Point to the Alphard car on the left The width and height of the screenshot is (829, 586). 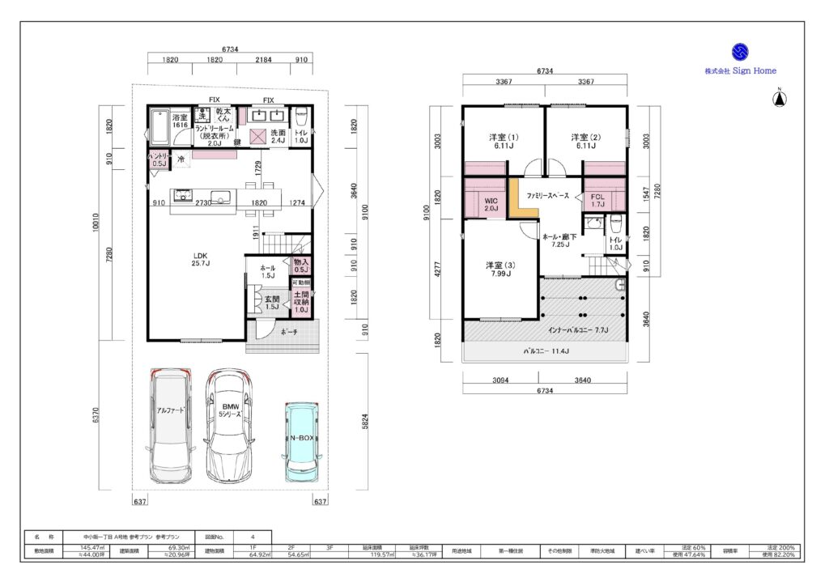pos(170,425)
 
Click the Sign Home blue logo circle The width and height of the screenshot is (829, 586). pos(740,53)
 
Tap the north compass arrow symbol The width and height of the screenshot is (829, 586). pos(778,100)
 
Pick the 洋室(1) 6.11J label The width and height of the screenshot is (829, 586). pos(504,141)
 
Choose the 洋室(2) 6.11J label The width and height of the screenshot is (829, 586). pos(585,141)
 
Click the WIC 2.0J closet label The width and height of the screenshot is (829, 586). pos(491,203)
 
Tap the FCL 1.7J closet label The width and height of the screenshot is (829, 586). pos(597,201)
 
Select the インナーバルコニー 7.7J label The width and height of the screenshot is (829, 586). pos(577,330)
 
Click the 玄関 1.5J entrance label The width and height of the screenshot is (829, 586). pos(272,303)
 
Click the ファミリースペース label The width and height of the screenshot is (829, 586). pos(547,197)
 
